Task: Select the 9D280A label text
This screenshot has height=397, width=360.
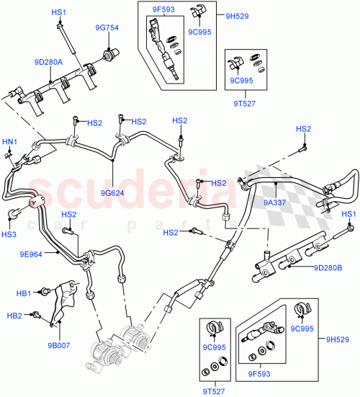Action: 48,62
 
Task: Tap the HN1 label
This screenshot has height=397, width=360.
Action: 10,141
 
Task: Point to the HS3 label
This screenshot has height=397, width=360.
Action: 9,235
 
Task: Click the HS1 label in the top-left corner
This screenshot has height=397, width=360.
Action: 58,13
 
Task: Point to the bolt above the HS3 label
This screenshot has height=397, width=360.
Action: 14,214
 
